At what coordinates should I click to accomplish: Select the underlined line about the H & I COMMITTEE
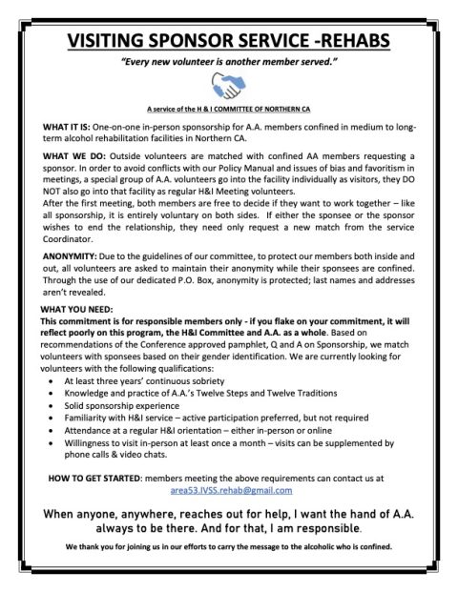click(x=229, y=110)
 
